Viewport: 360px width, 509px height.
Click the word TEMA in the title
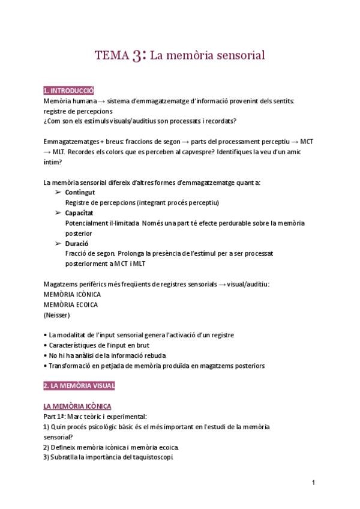tap(112, 56)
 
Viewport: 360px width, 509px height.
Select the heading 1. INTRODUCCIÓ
tap(68, 91)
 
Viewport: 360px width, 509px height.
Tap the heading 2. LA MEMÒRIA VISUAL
tap(79, 385)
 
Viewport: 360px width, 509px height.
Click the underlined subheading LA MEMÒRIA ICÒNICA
tap(77, 406)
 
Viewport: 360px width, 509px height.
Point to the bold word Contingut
tap(80, 192)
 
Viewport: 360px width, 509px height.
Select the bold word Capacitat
tap(79, 212)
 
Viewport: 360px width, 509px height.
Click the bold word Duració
tap(77, 243)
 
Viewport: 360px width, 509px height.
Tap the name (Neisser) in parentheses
tap(56, 315)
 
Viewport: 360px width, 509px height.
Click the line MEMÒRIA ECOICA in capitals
tap(71, 304)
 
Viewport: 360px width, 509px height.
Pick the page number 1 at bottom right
tap(314, 483)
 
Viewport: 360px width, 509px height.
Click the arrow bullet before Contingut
tap(58, 192)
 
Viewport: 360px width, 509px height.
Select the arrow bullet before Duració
tap(58, 243)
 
